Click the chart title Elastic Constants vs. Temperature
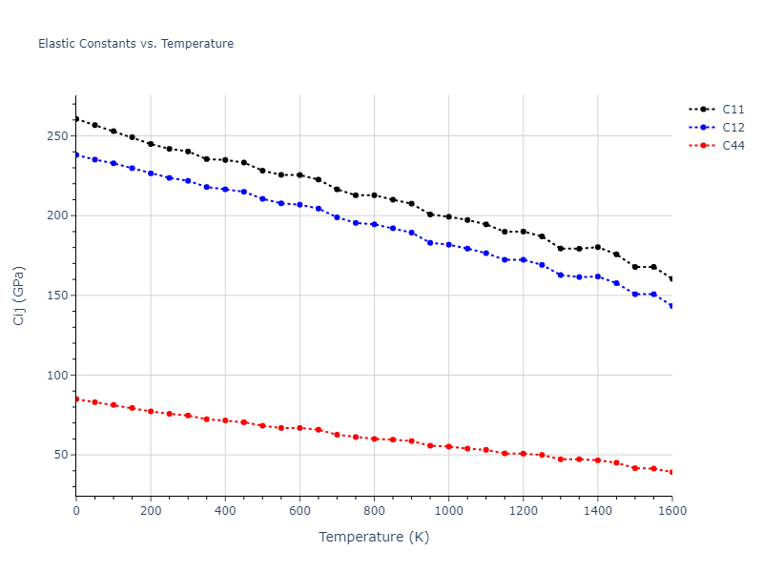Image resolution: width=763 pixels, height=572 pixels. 135,44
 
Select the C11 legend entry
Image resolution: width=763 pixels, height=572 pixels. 732,110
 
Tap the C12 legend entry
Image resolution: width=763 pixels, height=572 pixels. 732,128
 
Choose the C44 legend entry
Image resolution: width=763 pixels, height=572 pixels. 732,146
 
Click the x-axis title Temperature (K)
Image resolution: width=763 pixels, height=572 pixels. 374,537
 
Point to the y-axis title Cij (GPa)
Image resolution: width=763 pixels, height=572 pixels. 19,296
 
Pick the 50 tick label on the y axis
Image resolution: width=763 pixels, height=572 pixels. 62,455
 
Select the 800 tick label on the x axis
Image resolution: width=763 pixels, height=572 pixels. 374,511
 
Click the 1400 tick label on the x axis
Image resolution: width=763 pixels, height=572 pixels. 597,511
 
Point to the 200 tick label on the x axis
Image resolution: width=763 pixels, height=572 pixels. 151,511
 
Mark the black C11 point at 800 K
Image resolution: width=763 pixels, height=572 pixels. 374,195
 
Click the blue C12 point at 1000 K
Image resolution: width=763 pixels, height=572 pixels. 448,245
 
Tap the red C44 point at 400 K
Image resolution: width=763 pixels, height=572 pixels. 225,420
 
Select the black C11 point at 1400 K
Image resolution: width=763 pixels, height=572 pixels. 597,247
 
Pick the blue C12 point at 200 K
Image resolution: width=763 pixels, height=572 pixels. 151,174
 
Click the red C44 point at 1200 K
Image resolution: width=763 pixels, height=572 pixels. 523,454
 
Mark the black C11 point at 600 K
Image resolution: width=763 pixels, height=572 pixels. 299,174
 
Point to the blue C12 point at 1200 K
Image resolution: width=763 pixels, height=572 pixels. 523,259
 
